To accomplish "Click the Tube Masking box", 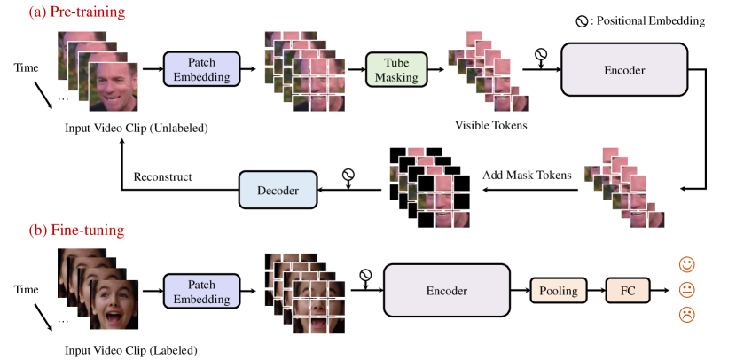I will (x=395, y=68).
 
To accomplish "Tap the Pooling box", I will (x=559, y=290).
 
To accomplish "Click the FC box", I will (x=627, y=290).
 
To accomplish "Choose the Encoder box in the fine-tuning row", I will (x=447, y=290).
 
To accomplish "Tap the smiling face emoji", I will (x=686, y=264).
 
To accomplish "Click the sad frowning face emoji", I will (x=686, y=314).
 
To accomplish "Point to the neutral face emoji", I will (x=686, y=289).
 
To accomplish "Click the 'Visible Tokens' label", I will (x=490, y=125).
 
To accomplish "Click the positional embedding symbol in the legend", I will (x=582, y=20).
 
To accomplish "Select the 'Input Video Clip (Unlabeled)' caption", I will (x=136, y=128).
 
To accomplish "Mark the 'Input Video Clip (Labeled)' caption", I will (x=130, y=349).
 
